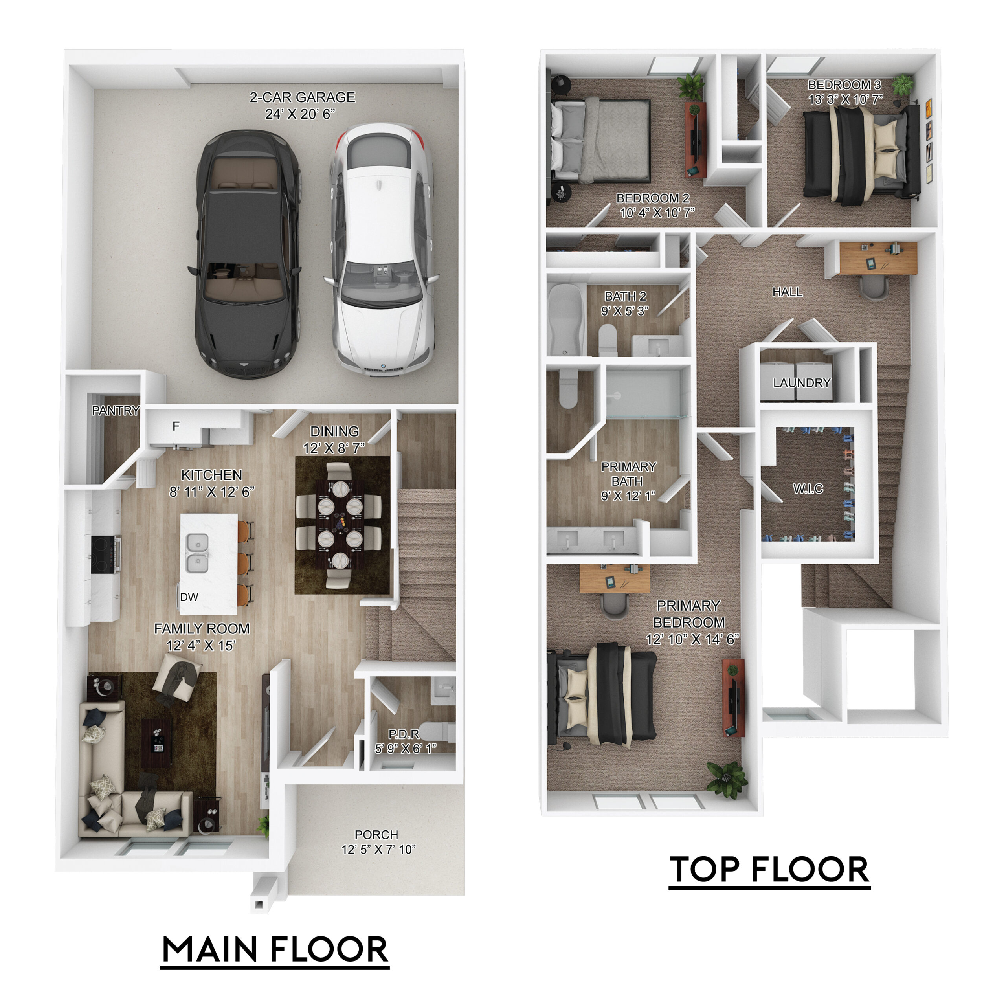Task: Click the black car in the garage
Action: pyautogui.click(x=245, y=253)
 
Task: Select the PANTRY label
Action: pyautogui.click(x=116, y=410)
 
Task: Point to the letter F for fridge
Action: pyautogui.click(x=176, y=426)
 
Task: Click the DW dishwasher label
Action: pyautogui.click(x=189, y=597)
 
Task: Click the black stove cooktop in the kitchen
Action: pyautogui.click(x=106, y=554)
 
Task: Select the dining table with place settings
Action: pyautogui.click(x=340, y=526)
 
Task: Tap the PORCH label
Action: pyautogui.click(x=376, y=835)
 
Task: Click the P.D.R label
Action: pyautogui.click(x=404, y=734)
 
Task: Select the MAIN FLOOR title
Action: pyautogui.click(x=275, y=949)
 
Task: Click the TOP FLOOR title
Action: pyautogui.click(x=769, y=870)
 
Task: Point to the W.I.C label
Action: pyautogui.click(x=808, y=488)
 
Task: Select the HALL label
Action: pyautogui.click(x=787, y=292)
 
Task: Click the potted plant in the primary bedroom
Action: pyautogui.click(x=727, y=779)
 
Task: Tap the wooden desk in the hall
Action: pyautogui.click(x=878, y=258)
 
